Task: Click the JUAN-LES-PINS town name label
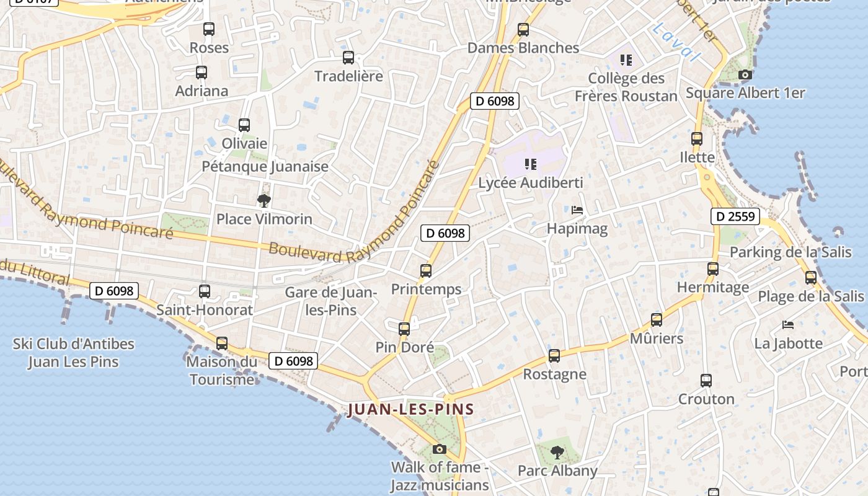[x=410, y=409]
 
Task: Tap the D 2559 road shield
[x=735, y=216]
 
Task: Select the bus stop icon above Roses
[x=209, y=29]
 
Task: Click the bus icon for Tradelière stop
[x=348, y=58]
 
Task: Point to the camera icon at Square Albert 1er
[x=745, y=75]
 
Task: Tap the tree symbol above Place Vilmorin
[x=264, y=200]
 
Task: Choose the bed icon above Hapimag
[x=577, y=210]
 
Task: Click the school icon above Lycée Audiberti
[x=530, y=164]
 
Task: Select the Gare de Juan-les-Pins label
[x=331, y=300]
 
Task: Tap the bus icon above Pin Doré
[x=404, y=329]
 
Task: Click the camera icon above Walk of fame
[x=440, y=449]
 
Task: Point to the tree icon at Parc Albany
[x=557, y=452]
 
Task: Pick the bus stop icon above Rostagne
[x=554, y=356]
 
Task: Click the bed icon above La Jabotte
[x=788, y=324]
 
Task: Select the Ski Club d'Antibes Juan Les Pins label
[x=73, y=353]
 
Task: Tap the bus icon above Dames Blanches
[x=523, y=29]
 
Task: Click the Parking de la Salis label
[x=790, y=252]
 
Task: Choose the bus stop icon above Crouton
[x=706, y=380]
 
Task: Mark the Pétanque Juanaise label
[x=265, y=166]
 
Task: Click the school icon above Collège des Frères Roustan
[x=626, y=60]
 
